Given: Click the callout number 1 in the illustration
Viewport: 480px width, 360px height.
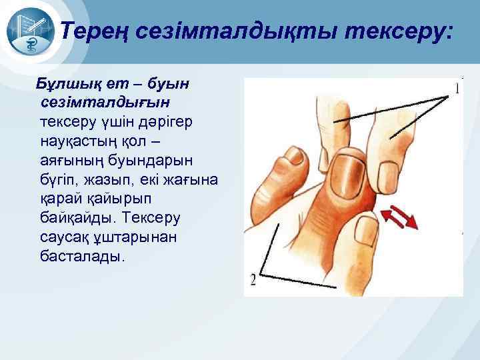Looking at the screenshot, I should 457,87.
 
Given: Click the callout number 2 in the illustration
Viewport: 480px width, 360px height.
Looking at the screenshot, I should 254,280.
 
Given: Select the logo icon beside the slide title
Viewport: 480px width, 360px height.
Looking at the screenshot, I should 29,34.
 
